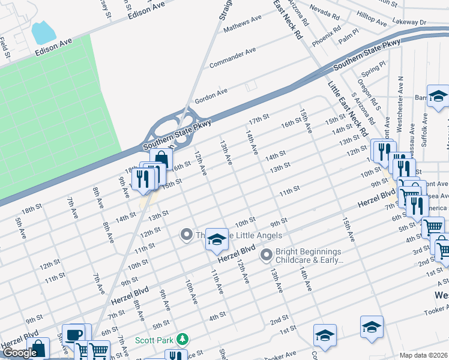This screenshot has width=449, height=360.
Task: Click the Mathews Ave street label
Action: (243, 23)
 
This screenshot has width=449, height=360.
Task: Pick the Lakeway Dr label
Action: (411, 22)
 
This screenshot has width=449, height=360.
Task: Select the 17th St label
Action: (259, 119)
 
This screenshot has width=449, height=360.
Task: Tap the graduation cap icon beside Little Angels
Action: (217, 240)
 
